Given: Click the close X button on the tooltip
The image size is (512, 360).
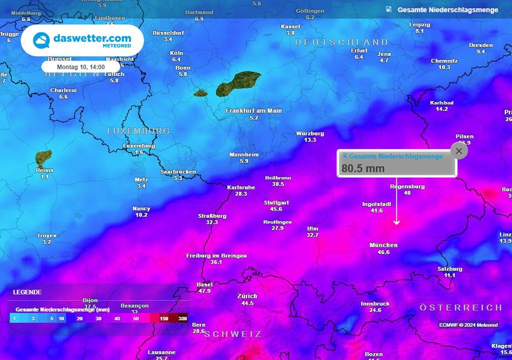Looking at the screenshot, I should click(x=459, y=150).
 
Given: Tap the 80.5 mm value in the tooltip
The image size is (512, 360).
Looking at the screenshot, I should click(x=363, y=168).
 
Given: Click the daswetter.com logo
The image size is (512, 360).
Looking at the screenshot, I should click(x=82, y=40).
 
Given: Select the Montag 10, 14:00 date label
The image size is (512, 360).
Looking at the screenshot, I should click(x=80, y=66).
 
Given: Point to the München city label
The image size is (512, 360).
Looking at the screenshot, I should click(x=383, y=245).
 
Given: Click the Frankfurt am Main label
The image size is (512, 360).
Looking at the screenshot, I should click(x=253, y=110).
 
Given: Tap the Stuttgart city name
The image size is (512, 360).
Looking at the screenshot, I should click(x=276, y=202).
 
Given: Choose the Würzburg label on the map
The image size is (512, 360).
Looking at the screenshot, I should click(x=310, y=133).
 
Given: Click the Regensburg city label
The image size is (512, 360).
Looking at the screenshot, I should click(x=407, y=186).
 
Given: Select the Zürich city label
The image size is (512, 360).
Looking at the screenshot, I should click(x=247, y=296).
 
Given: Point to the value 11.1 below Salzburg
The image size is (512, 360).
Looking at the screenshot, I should click(x=449, y=275).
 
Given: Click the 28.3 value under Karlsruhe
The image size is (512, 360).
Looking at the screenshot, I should click(x=241, y=194).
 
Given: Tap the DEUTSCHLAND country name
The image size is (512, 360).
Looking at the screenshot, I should click(x=341, y=42).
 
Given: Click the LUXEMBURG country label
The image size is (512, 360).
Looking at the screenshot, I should click(x=138, y=131).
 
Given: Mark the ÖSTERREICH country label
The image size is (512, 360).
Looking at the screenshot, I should click(x=460, y=307).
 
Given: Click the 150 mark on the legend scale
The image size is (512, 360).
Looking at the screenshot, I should click(x=163, y=318).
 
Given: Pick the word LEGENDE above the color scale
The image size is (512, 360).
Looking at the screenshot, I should click(x=27, y=292).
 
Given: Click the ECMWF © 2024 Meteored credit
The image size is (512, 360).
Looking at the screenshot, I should click(x=468, y=325).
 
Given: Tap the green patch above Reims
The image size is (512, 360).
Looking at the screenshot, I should click(x=43, y=158).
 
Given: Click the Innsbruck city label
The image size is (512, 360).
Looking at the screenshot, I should click(x=375, y=303).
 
